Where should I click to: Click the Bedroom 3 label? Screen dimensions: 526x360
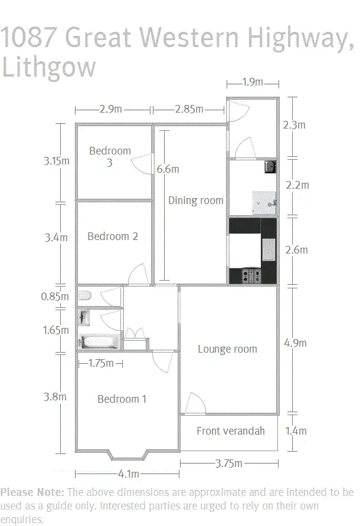click(110, 156)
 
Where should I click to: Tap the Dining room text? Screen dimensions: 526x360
click(195, 200)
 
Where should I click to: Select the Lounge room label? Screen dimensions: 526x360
click(227, 349)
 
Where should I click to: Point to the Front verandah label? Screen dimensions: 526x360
click(230, 430)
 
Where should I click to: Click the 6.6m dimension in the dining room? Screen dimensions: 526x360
click(168, 169)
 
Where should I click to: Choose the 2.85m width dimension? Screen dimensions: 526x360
click(189, 109)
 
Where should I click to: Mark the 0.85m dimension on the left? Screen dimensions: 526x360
click(55, 297)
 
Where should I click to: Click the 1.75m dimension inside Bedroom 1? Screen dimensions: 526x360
click(100, 364)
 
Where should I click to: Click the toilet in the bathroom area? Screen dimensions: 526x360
click(84, 296)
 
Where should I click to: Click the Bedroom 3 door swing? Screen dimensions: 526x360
click(142, 164)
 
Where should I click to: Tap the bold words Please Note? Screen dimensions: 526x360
click(32, 492)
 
